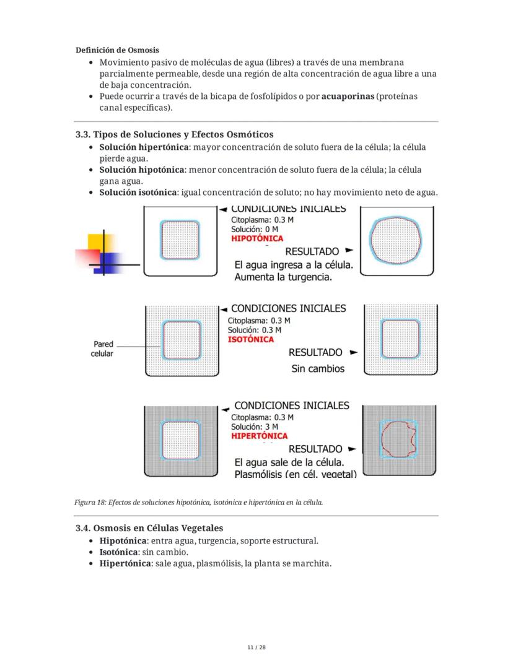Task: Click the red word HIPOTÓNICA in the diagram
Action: [x=256, y=238]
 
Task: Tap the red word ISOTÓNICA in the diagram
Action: [x=251, y=339]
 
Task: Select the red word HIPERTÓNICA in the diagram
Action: [x=259, y=436]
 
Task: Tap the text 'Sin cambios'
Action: [x=318, y=369]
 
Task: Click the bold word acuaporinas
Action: [x=348, y=97]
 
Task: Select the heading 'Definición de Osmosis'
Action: [x=117, y=50]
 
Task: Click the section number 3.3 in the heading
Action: [x=83, y=134]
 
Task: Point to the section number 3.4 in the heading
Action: [x=83, y=528]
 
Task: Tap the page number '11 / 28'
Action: [x=256, y=648]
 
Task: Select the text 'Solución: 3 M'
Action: [x=255, y=427]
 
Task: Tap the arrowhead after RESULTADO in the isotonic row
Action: [x=354, y=352]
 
